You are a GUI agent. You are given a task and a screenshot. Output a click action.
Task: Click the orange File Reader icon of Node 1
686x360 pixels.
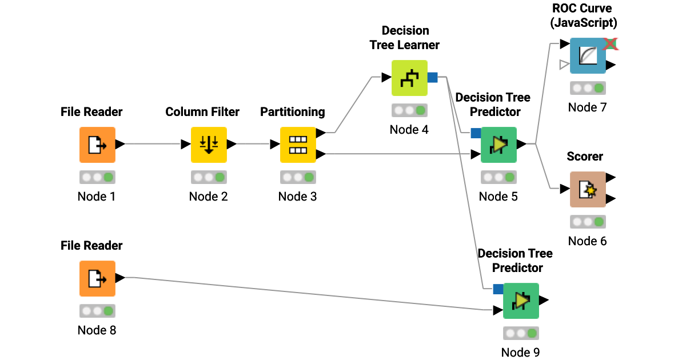(x=97, y=145)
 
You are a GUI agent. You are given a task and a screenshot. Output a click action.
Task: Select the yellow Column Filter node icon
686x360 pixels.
(x=209, y=145)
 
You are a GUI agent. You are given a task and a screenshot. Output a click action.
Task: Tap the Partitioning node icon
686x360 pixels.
(x=297, y=145)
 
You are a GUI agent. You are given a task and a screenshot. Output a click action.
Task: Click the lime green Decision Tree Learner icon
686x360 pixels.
(x=409, y=78)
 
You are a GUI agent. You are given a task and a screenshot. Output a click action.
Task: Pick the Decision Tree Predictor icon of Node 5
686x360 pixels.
(x=498, y=145)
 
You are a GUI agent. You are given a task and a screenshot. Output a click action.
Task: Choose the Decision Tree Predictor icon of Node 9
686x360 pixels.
(x=521, y=301)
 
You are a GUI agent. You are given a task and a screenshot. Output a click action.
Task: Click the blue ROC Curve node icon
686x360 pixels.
(x=587, y=55)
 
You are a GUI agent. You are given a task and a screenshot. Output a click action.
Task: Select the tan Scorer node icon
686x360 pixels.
(x=587, y=189)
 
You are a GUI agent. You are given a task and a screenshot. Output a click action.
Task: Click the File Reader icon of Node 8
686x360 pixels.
(x=97, y=278)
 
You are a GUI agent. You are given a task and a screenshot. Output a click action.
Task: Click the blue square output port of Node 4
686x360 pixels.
(x=433, y=77)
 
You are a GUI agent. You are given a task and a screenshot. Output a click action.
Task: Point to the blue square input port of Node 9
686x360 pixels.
(x=498, y=289)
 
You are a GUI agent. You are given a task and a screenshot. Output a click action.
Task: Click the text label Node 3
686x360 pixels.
(x=297, y=197)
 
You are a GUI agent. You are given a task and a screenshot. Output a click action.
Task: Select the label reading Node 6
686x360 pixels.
(x=587, y=241)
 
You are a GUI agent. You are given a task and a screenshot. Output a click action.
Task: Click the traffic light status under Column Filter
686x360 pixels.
(x=209, y=177)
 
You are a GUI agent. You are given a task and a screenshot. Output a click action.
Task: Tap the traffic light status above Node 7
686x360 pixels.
(x=587, y=88)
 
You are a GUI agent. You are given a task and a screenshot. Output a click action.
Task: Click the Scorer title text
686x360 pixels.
(x=585, y=157)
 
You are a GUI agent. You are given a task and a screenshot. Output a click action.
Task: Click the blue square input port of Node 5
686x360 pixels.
(x=476, y=133)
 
